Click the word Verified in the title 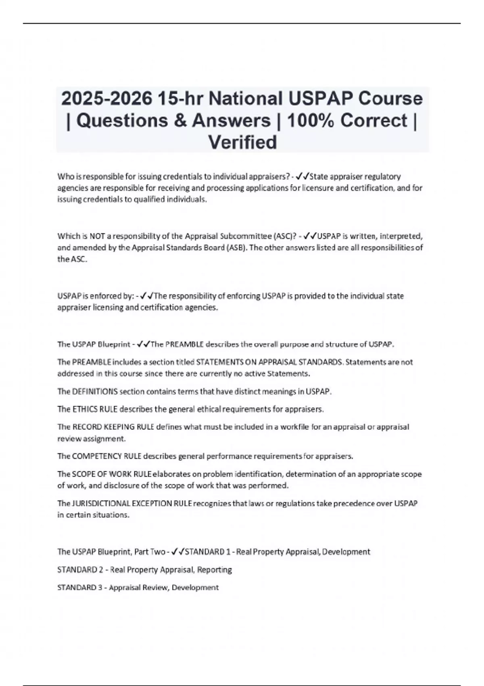tap(242, 142)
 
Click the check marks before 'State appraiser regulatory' tap(302, 176)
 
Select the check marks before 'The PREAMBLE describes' tap(143, 344)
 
